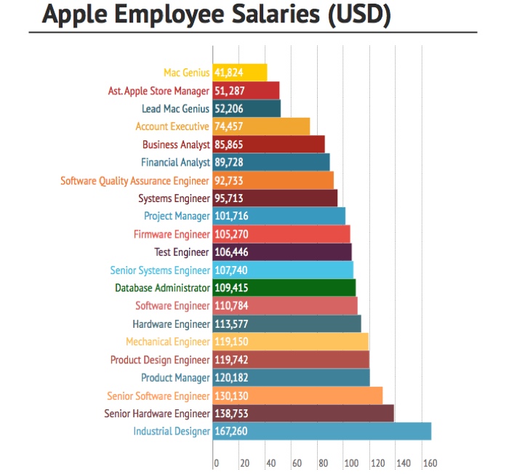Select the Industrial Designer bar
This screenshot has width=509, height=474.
(x=322, y=431)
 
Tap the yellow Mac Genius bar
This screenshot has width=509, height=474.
(x=240, y=73)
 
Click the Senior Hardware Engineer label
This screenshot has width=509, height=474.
(x=156, y=414)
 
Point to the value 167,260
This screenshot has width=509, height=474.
(x=231, y=431)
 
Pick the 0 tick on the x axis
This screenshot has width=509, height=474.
(x=216, y=463)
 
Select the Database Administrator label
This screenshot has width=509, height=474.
(x=162, y=288)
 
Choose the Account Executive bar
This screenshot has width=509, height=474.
(x=261, y=126)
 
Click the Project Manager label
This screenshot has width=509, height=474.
(x=177, y=216)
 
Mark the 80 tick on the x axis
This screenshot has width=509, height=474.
(x=323, y=463)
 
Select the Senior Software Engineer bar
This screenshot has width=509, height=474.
(x=297, y=395)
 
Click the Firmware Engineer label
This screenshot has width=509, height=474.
(x=172, y=234)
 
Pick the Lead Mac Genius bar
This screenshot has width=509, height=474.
(x=247, y=108)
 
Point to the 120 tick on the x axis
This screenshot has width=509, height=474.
(x=376, y=463)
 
